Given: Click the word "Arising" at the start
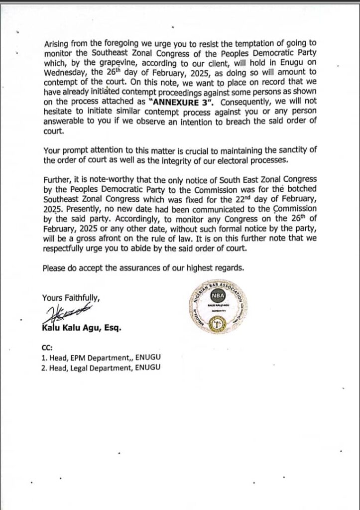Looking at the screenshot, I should pos(55,44).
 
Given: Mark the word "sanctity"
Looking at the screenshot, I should pos(281,150).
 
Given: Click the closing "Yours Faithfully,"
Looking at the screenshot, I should pos(71,298).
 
